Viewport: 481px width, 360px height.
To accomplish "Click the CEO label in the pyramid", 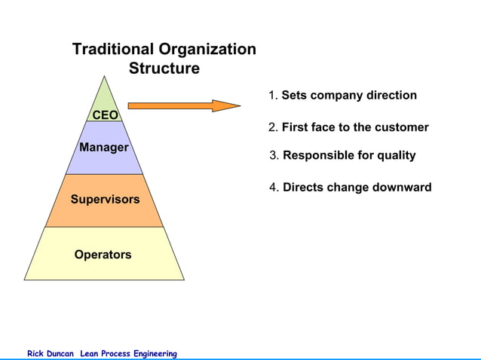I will [105, 115].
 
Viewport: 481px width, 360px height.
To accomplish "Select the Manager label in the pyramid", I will [104, 148].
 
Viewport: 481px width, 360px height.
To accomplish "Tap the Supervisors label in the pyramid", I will [105, 200].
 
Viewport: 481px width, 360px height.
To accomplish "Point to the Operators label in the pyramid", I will [103, 255].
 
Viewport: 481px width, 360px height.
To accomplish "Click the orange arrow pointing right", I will [184, 105].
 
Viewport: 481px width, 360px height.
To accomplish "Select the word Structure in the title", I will [164, 69].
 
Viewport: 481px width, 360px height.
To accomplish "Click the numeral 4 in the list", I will [273, 188].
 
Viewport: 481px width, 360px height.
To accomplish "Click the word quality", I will [394, 156].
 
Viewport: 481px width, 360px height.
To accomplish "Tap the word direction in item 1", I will [391, 96].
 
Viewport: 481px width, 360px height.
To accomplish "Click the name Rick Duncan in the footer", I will [51, 353].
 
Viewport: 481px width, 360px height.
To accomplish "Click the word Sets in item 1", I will [293, 96].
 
